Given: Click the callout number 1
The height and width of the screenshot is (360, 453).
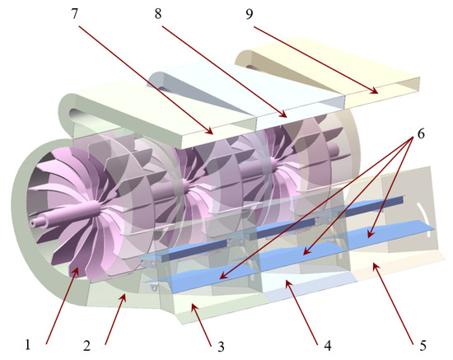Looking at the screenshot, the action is pyautogui.click(x=28, y=344).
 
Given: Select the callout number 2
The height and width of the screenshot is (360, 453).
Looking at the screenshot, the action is pyautogui.click(x=86, y=345).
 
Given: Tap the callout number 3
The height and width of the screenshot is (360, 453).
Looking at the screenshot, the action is pyautogui.click(x=221, y=347).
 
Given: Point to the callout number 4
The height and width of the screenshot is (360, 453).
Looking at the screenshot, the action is pyautogui.click(x=327, y=345).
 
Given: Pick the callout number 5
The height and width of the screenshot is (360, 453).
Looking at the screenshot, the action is pyautogui.click(x=423, y=345).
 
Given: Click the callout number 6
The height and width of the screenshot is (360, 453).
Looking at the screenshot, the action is pyautogui.click(x=421, y=133).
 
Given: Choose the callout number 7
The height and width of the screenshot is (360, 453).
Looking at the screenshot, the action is pyautogui.click(x=75, y=13).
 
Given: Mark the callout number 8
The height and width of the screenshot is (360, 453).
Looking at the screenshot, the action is pyautogui.click(x=158, y=13).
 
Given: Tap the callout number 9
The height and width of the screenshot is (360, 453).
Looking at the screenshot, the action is pyautogui.click(x=250, y=14).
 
